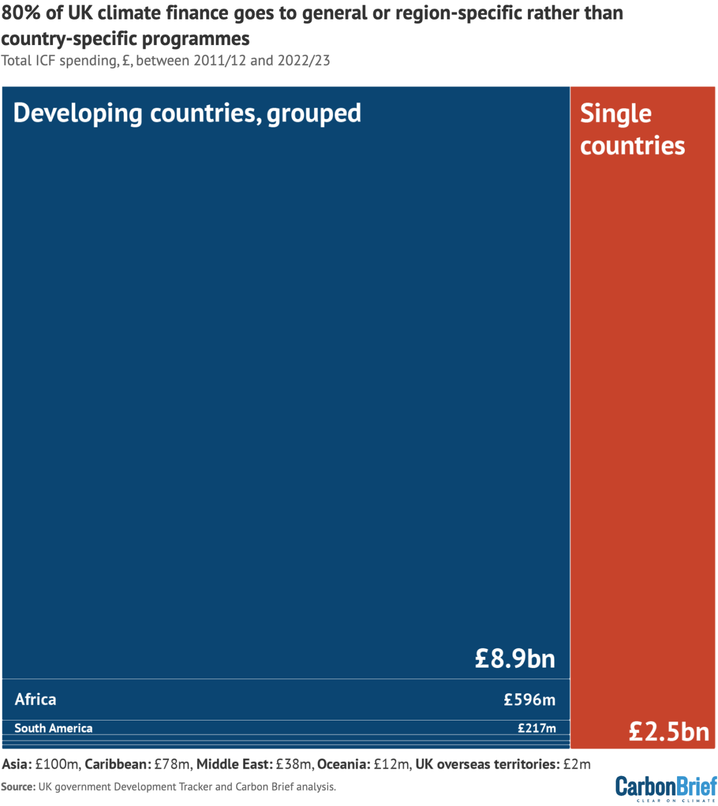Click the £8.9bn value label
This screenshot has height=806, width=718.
[514, 658]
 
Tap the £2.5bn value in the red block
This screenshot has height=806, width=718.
[669, 731]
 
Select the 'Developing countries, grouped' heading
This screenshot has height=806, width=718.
[187, 113]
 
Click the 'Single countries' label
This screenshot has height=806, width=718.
[632, 130]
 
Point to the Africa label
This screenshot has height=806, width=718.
[35, 699]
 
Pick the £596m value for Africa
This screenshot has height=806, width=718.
[529, 699]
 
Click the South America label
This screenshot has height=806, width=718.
[53, 728]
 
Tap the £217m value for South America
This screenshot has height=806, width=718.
[536, 728]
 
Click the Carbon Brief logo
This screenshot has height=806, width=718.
[666, 788]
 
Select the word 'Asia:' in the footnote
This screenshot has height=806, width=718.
[17, 764]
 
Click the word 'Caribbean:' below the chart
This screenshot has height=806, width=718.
[118, 764]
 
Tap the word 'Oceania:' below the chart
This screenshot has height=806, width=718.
[344, 764]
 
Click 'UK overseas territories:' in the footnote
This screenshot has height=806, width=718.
[487, 764]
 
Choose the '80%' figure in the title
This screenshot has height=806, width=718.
[21, 13]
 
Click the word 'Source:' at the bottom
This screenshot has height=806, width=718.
[18, 787]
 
